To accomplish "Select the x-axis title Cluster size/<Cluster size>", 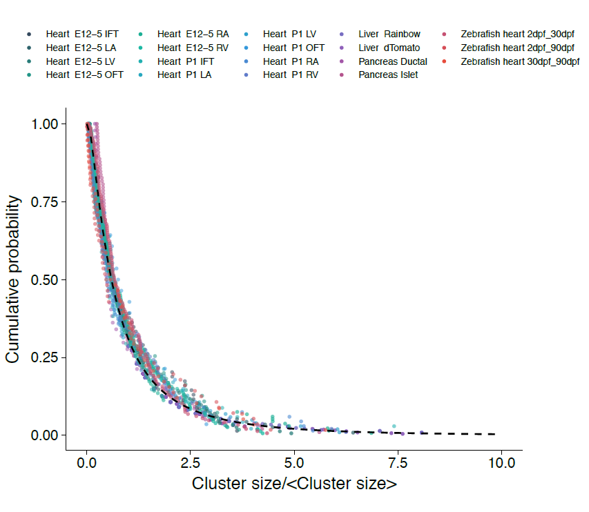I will click(294, 484).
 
